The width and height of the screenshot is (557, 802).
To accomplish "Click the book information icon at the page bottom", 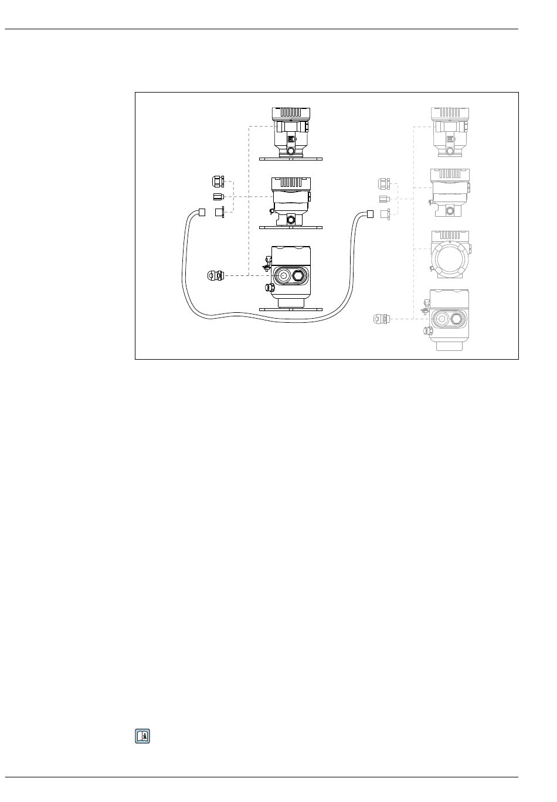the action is pyautogui.click(x=142, y=736).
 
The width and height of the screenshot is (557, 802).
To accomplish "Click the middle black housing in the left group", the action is pyautogui.click(x=290, y=199).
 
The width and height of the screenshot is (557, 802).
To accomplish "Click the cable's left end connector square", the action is pyautogui.click(x=201, y=212).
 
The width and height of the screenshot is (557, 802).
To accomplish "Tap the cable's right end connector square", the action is pyautogui.click(x=370, y=213).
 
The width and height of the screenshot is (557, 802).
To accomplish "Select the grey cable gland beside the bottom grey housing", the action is pyautogui.click(x=381, y=319).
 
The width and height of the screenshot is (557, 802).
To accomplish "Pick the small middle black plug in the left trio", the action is pyautogui.click(x=218, y=197).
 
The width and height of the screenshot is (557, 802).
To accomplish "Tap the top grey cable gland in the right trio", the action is pyautogui.click(x=383, y=184).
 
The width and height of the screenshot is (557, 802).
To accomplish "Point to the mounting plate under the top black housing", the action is pyautogui.click(x=290, y=159).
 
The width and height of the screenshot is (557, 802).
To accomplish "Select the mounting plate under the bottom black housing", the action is pyautogui.click(x=290, y=309).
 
